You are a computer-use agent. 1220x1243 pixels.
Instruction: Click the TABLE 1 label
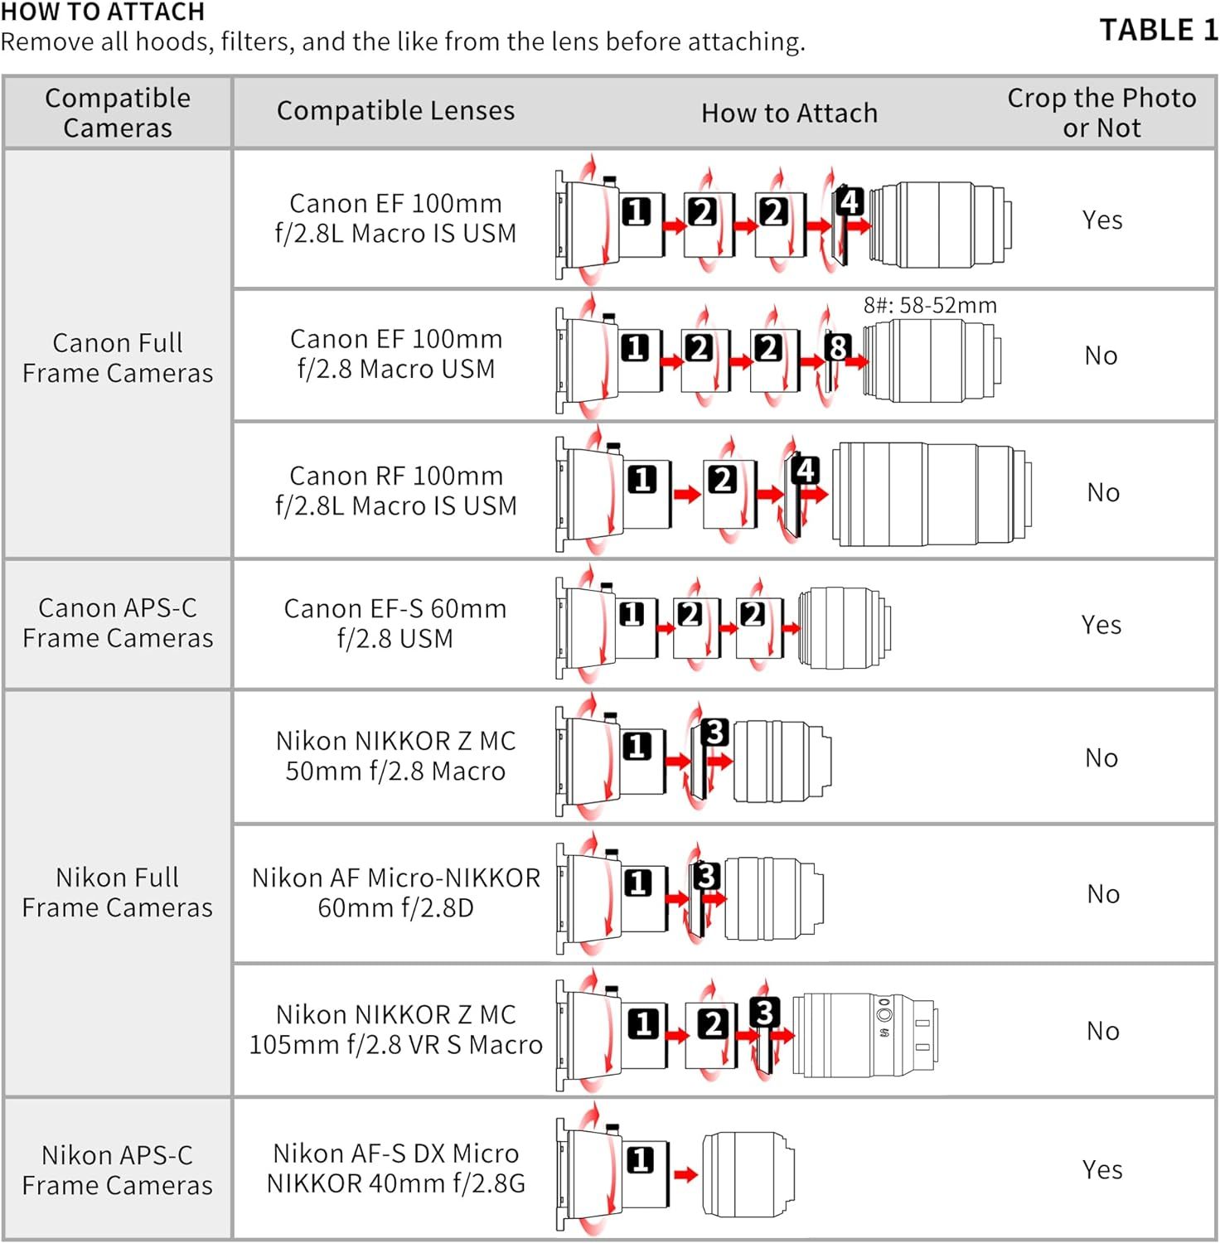1159,30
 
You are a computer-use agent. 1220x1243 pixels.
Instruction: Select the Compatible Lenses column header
395,111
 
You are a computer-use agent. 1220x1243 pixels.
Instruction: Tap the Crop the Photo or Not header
1101,113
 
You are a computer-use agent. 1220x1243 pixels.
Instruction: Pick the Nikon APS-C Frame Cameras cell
118,1170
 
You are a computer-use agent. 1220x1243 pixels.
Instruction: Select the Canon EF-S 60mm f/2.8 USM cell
395,623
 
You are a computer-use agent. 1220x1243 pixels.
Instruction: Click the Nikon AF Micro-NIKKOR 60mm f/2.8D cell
396,892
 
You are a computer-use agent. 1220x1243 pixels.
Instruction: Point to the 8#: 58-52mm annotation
930,305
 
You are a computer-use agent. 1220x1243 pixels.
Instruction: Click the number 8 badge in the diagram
838,347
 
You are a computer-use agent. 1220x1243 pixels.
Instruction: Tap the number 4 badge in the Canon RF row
806,471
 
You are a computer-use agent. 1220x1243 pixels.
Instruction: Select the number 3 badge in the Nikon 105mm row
764,1012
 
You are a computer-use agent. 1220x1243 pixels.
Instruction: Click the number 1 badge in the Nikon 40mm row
639,1159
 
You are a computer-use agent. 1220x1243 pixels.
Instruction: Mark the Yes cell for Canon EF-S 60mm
1101,624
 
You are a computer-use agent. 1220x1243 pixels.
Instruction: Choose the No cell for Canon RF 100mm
1103,492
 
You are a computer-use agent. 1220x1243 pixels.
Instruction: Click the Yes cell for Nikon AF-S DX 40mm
1102,1169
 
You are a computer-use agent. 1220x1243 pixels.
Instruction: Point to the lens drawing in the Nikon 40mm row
748,1174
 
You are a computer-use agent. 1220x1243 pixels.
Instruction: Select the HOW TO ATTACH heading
103,12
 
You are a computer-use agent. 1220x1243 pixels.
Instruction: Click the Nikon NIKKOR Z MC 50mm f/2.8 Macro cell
395,756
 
